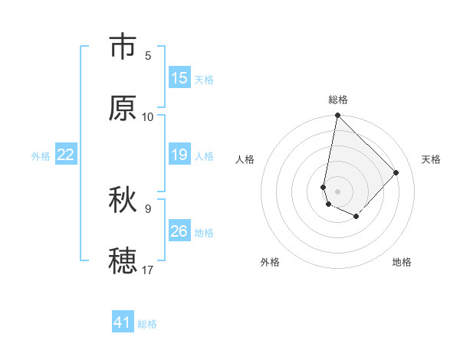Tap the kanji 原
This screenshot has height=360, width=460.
123,109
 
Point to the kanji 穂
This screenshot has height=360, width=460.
123,260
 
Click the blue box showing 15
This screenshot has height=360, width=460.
179,78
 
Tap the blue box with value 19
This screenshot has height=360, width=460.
179,155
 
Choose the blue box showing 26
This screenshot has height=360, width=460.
179,232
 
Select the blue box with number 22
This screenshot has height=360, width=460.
66,155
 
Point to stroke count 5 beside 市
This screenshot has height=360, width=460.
148,56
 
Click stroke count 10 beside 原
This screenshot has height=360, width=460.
148,117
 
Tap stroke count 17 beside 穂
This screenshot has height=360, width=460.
148,270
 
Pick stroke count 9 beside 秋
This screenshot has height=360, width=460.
148,208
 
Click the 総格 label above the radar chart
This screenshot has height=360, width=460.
338,100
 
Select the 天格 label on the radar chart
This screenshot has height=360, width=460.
432,159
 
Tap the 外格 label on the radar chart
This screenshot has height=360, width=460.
270,262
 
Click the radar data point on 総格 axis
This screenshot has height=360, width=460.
337,116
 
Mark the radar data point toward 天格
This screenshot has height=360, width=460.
396,172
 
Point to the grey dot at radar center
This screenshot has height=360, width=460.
337,191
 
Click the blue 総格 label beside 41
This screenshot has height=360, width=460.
147,324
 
